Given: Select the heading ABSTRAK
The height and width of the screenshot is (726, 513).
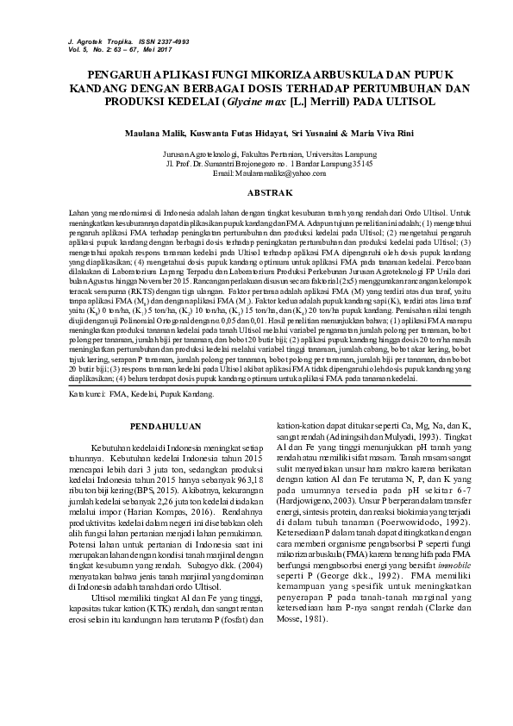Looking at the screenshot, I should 256,191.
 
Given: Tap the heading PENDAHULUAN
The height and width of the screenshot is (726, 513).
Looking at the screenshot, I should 164,426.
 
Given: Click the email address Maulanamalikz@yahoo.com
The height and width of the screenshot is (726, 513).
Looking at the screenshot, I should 256,172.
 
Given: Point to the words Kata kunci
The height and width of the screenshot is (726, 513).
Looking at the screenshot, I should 85,393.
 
